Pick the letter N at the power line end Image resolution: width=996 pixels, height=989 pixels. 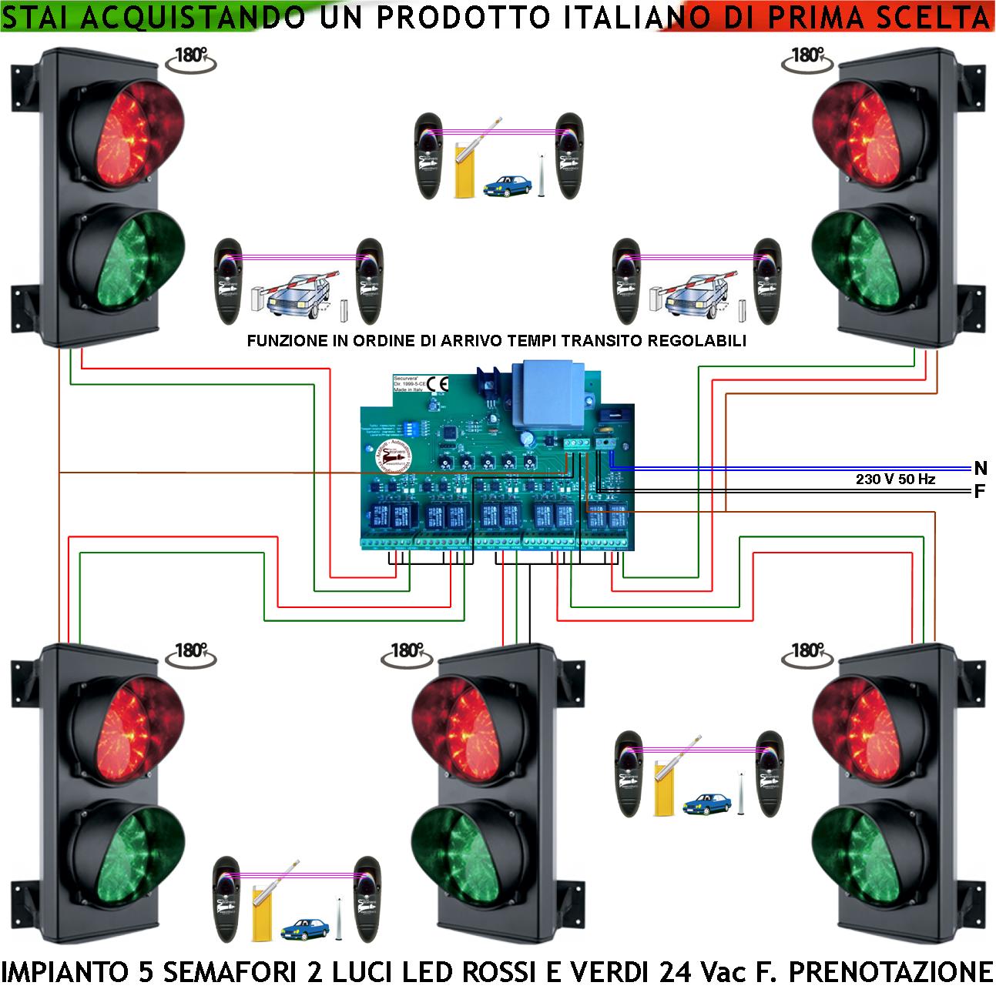click(980, 468)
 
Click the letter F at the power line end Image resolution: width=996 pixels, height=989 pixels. click(980, 491)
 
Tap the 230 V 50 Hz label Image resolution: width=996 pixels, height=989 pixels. click(895, 479)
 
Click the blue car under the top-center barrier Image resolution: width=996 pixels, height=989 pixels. click(507, 185)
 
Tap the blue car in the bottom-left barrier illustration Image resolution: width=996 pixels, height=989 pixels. click(304, 925)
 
